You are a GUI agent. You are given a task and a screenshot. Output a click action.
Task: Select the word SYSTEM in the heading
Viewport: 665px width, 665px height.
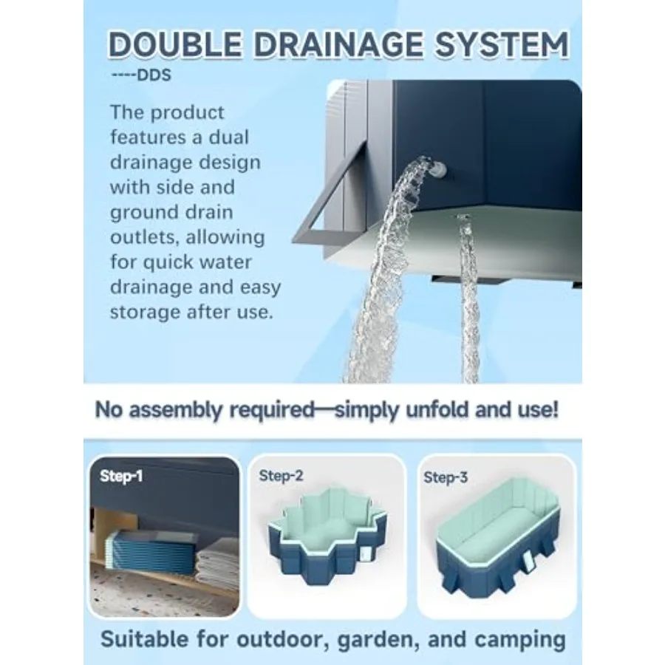tap(502, 44)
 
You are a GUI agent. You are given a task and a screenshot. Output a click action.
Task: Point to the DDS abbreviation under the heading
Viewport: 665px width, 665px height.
tap(154, 75)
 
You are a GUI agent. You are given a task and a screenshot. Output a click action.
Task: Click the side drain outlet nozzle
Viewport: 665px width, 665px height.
tap(438, 170)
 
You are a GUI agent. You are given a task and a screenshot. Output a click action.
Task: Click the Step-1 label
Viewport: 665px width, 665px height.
tap(121, 476)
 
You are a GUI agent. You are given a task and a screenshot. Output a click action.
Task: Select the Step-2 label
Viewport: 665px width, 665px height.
tap(282, 475)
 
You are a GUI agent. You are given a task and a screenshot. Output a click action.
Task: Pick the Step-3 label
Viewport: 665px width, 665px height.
tap(446, 477)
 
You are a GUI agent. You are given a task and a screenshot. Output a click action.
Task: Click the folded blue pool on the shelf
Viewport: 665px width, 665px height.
tap(151, 551)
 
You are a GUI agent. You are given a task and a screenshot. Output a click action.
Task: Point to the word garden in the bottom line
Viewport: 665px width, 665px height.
tap(378, 640)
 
